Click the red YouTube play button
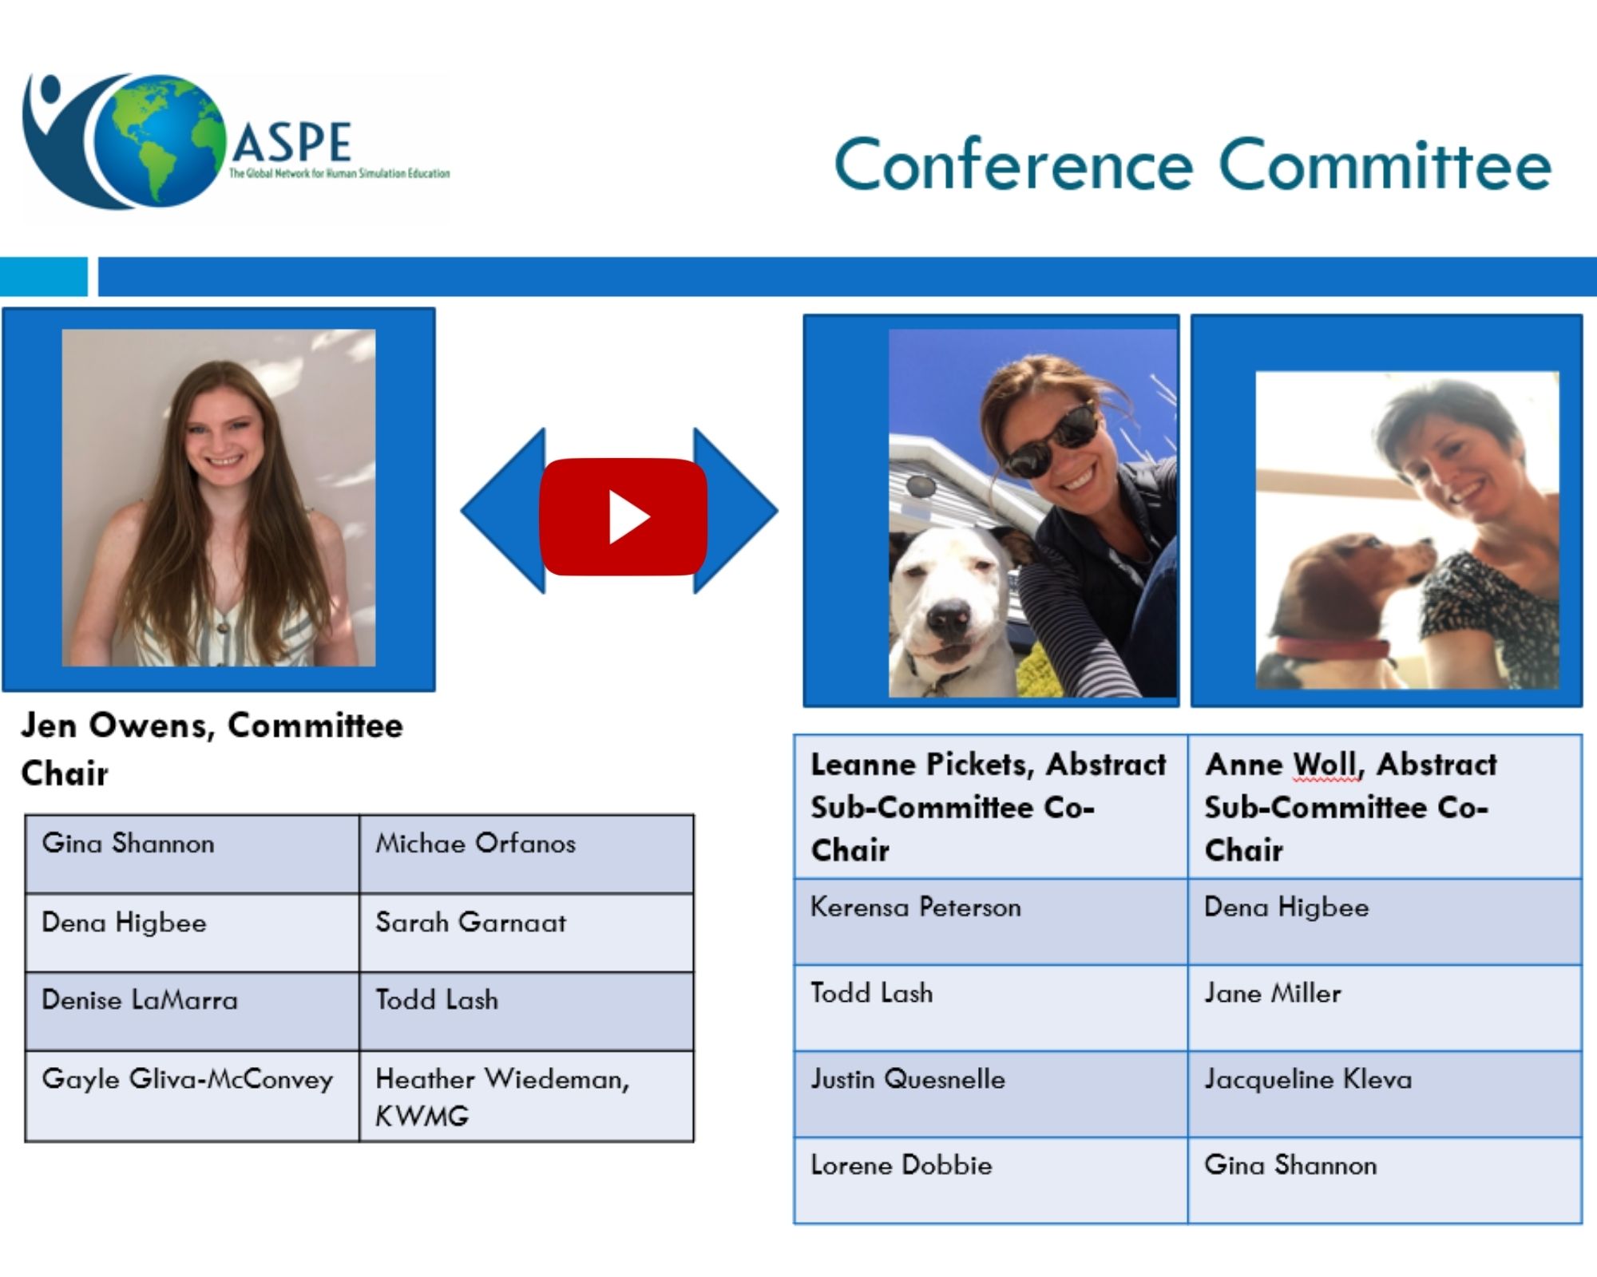(624, 516)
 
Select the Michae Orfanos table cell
(526, 853)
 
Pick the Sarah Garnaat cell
(526, 931)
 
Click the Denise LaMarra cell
(192, 1010)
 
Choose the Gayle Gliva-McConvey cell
(192, 1096)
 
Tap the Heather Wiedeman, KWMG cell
(526, 1096)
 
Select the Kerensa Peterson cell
(991, 922)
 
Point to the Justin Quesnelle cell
(991, 1094)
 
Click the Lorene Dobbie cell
(991, 1180)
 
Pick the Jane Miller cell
(1385, 1008)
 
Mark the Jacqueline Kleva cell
(1385, 1094)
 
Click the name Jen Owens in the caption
(117, 725)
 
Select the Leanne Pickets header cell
(991, 806)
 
